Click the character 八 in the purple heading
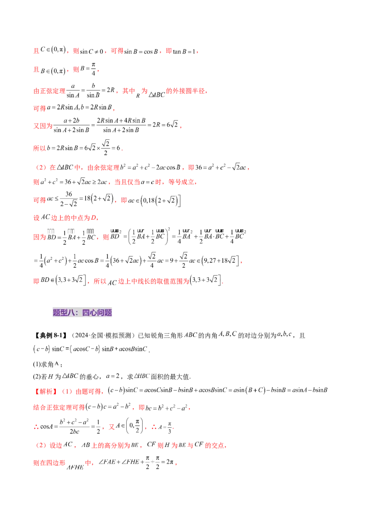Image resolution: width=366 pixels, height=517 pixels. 71,313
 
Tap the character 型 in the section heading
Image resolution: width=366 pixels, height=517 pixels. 64,313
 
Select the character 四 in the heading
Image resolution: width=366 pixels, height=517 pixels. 85,313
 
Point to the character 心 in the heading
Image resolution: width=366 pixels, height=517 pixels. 92,313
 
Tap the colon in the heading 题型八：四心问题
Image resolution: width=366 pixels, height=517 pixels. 78,313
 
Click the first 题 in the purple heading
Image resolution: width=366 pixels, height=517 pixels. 57,313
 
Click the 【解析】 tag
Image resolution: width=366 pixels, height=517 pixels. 43,391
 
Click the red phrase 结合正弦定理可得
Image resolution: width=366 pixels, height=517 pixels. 59,406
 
